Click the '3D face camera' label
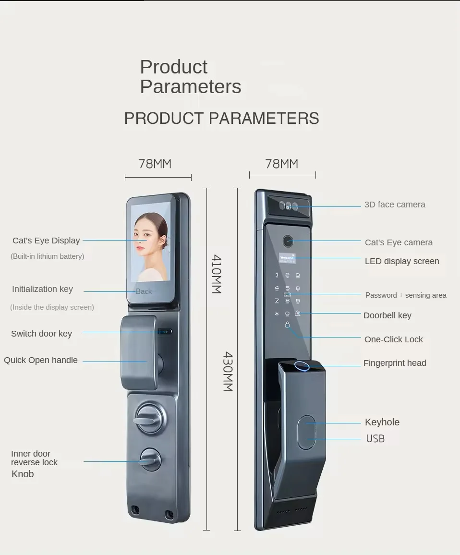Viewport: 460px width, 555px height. pyautogui.click(x=395, y=205)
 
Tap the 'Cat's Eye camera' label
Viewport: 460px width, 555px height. pyautogui.click(x=399, y=242)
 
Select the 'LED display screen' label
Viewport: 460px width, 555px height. pyautogui.click(x=402, y=261)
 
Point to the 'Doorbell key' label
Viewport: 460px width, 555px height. pyautogui.click(x=387, y=315)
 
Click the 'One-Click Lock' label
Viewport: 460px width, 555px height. pyautogui.click(x=394, y=339)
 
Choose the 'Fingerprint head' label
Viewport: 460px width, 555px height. pyautogui.click(x=395, y=363)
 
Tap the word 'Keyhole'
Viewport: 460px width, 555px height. pyautogui.click(x=382, y=422)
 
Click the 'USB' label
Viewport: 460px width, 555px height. pyautogui.click(x=375, y=438)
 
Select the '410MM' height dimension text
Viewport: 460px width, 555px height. pyautogui.click(x=216, y=274)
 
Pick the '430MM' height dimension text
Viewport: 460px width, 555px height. pyautogui.click(x=228, y=371)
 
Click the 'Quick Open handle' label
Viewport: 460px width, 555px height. pyautogui.click(x=41, y=360)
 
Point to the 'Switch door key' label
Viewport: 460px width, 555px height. pyautogui.click(x=42, y=334)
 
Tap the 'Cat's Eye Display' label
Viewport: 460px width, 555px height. pyautogui.click(x=46, y=241)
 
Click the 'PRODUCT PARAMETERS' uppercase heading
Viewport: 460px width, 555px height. pyautogui.click(x=221, y=119)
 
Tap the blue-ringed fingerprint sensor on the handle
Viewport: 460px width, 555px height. pyautogui.click(x=302, y=367)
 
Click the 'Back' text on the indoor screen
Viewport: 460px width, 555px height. pyautogui.click(x=144, y=291)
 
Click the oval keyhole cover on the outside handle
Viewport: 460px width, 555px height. pyautogui.click(x=306, y=433)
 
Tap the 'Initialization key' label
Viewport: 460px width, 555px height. pyautogui.click(x=42, y=289)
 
